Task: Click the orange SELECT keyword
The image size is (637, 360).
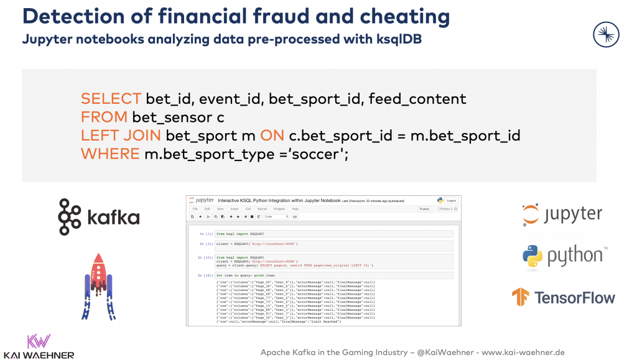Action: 111,99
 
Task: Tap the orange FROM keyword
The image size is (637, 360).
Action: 103,117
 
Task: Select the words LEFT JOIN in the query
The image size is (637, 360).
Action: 121,135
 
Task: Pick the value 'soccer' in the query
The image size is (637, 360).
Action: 315,153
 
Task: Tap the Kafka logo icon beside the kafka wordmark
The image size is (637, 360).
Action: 70,217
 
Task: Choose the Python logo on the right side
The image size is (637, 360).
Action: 562,256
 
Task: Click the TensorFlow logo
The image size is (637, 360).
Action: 564,297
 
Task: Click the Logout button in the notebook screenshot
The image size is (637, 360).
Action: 451,200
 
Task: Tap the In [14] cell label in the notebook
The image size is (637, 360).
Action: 206,275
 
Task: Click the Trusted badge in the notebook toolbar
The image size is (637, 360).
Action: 424,209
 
